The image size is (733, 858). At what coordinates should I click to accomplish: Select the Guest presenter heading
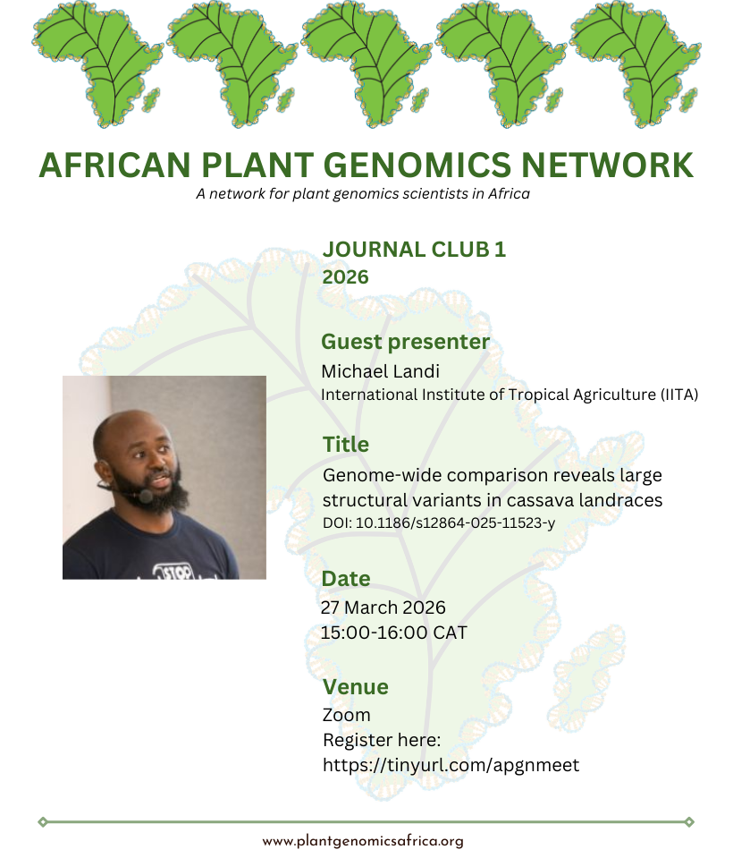tap(405, 342)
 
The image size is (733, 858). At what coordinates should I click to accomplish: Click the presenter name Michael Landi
tap(381, 371)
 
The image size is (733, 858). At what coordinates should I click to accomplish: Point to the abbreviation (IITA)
tap(678, 395)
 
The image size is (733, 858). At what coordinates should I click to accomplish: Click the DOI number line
tap(439, 523)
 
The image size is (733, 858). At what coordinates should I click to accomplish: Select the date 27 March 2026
tap(383, 607)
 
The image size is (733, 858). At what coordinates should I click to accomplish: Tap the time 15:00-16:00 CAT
tap(393, 633)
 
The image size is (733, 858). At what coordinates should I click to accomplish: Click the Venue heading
tap(355, 687)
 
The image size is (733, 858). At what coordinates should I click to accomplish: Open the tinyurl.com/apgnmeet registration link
tap(451, 765)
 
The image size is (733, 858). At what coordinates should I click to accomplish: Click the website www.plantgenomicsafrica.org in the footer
tap(363, 842)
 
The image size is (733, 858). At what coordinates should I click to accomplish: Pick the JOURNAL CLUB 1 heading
tap(415, 250)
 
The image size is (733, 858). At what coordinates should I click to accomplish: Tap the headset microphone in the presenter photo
tap(146, 497)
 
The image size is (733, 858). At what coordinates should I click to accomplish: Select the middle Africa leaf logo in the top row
tap(366, 64)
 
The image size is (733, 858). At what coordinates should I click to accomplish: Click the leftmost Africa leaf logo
tap(97, 64)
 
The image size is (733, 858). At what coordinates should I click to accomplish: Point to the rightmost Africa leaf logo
tap(636, 64)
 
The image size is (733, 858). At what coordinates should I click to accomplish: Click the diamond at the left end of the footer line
tap(43, 822)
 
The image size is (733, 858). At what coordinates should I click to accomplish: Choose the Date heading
tap(346, 579)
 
